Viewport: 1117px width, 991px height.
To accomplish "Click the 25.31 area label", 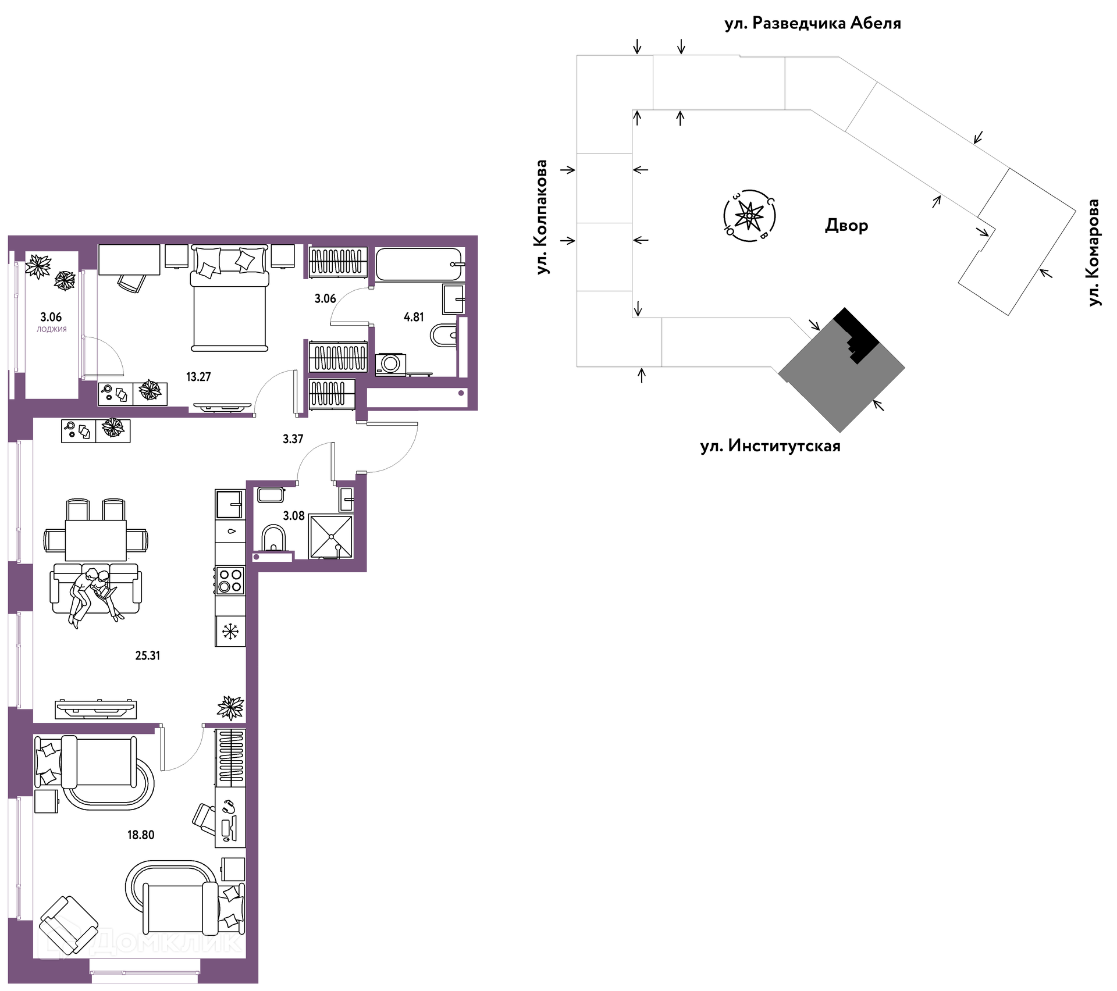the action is (148, 655).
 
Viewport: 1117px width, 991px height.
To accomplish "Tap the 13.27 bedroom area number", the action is (198, 377).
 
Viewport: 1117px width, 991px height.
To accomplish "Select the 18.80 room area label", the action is (141, 835).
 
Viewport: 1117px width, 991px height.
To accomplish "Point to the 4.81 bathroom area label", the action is (414, 317).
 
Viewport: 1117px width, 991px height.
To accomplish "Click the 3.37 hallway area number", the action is (293, 439).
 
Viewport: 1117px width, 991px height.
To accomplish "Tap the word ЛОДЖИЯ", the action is (52, 329).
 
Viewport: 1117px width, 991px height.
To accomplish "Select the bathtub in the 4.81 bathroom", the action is (419, 265).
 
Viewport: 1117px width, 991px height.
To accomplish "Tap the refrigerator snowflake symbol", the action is (231, 631).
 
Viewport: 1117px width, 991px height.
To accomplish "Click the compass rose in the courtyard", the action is (749, 216).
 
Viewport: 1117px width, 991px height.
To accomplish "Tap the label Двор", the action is (846, 226).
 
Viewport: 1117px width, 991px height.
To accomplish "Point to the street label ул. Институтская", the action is (770, 446).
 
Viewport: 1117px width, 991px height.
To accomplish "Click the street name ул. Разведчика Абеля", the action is (813, 23).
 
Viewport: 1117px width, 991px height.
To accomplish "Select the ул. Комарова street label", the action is (1094, 252).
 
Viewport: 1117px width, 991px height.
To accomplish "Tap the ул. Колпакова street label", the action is (542, 217).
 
